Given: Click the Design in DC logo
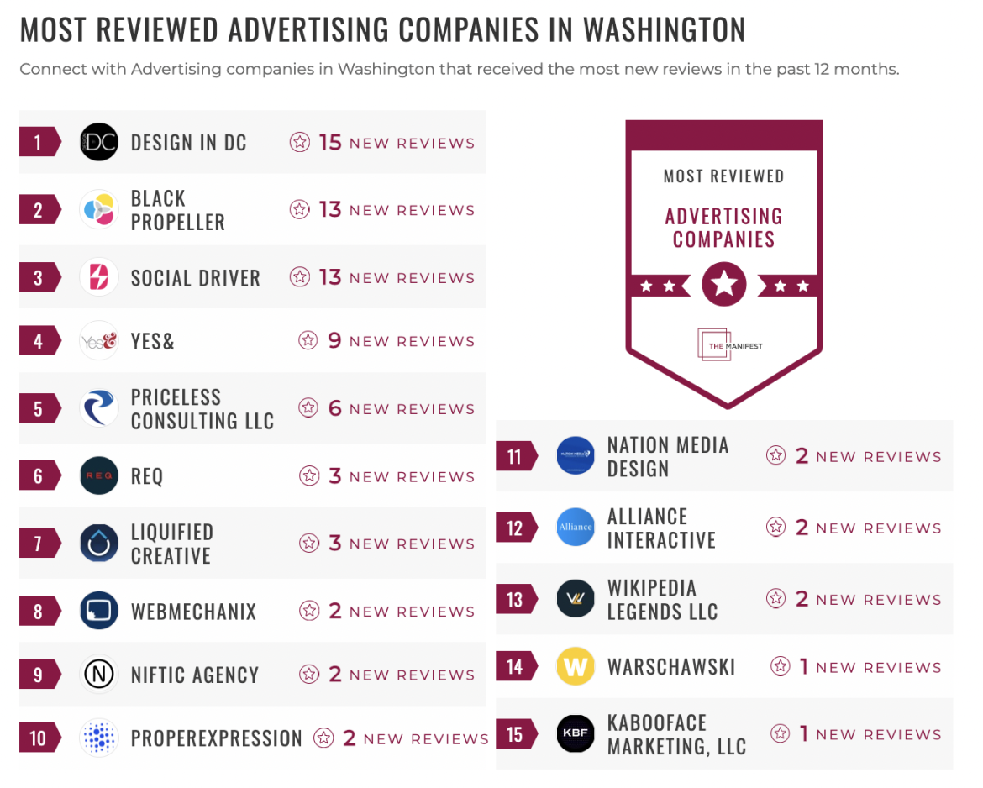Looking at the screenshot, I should [99, 142].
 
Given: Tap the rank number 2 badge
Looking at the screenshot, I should [39, 210].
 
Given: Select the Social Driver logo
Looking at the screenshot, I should [99, 277].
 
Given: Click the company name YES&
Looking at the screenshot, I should [153, 341].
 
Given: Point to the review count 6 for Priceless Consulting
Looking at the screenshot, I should [334, 408].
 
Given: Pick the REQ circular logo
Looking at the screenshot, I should [99, 476].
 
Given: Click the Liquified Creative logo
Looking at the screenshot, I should [99, 544].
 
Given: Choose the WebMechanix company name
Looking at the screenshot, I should [193, 612].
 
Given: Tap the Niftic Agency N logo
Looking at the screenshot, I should [99, 675].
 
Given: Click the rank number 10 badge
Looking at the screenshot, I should [39, 738].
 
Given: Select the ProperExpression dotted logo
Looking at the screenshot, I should [99, 738].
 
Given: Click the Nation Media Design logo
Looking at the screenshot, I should [576, 456].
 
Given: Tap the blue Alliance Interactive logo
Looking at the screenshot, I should [576, 528].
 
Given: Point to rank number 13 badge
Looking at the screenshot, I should [515, 600].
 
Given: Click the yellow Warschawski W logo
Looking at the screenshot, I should [576, 667].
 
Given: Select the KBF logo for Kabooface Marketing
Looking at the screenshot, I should [576, 734].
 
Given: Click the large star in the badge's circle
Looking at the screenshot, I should [723, 286].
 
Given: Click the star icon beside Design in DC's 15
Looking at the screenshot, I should [300, 142].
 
